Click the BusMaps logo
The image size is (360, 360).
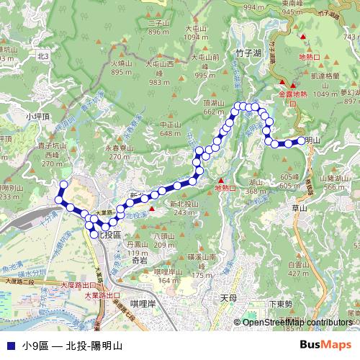coord(326,345)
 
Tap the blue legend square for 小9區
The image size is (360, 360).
coord(9,346)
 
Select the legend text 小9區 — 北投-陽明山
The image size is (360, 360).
coord(72,346)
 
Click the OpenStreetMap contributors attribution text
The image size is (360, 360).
coord(297,322)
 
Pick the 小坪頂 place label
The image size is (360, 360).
coord(36,115)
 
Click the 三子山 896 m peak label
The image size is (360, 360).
coord(158,27)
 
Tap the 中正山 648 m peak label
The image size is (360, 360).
coord(170,129)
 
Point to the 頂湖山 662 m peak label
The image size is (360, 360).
coord(215,107)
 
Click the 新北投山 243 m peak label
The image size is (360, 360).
coord(184,208)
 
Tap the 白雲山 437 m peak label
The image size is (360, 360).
coord(298,269)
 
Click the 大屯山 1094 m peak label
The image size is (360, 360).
coord(194,33)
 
